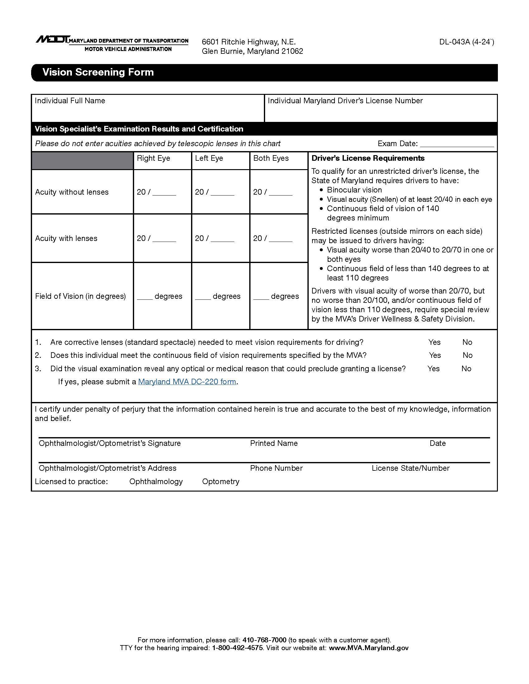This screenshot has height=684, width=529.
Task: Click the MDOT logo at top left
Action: coord(53,39)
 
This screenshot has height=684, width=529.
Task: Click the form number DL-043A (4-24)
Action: coord(466,42)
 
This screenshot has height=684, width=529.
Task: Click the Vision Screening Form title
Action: coord(98,72)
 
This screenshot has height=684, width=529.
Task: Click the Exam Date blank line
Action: coord(456,144)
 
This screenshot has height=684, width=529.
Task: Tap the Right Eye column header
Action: coord(153,158)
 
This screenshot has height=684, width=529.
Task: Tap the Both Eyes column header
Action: coord(271,158)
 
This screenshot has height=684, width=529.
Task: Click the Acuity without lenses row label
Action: coord(72,192)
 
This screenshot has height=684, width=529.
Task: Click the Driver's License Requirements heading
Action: coord(368,158)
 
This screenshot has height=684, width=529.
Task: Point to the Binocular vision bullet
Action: coord(354,190)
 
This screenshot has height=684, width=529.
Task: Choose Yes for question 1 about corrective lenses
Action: coord(434,342)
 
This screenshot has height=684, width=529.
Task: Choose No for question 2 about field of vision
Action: coord(467,355)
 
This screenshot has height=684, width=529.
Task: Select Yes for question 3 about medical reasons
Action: coord(433,369)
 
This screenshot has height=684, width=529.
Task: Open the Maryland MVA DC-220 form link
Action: coord(187,382)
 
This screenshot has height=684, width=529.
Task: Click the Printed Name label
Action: coord(274,443)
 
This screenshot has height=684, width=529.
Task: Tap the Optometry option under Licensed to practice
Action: coord(220,481)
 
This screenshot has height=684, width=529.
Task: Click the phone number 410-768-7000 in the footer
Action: coord(264,640)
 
